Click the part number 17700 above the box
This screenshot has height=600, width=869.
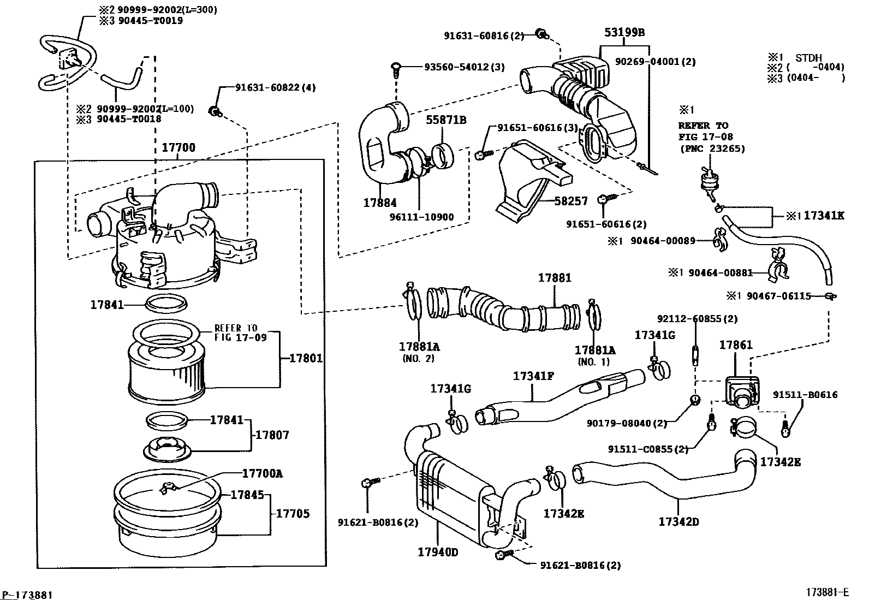tap(178, 148)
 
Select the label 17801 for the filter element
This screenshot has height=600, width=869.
tap(306, 359)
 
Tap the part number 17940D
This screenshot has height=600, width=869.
tap(438, 552)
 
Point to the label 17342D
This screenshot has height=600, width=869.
tap(678, 521)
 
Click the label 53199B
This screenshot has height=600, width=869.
tap(624, 33)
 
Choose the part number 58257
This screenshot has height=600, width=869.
tap(571, 201)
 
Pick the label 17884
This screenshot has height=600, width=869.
tap(380, 203)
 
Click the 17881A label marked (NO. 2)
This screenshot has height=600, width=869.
tap(419, 347)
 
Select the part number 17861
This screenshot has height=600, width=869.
tap(735, 345)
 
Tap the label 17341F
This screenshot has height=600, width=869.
tap(533, 376)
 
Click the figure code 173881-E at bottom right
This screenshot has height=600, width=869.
tap(828, 592)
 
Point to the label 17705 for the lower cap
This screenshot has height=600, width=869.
tap(292, 513)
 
